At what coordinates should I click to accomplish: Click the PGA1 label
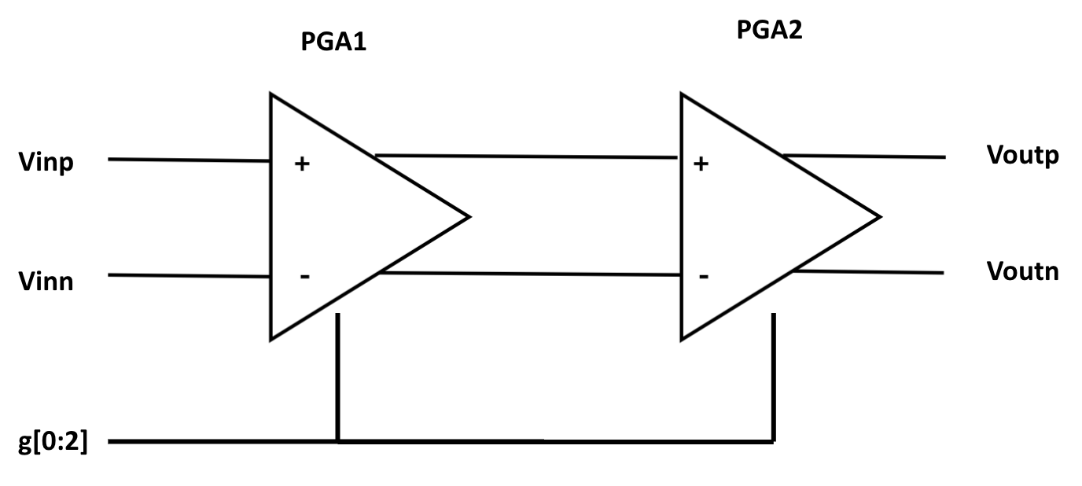tap(334, 42)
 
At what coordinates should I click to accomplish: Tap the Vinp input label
tap(46, 164)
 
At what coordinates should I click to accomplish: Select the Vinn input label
tap(46, 281)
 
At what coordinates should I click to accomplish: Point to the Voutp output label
tap(1022, 156)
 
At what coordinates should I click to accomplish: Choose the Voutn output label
tap(1022, 271)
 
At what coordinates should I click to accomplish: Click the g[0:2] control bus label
tap(53, 443)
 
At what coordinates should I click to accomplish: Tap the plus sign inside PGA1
tap(301, 165)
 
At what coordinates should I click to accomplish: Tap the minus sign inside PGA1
tap(304, 277)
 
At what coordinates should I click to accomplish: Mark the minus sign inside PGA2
tap(704, 276)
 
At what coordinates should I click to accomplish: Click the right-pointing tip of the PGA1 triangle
tap(468, 216)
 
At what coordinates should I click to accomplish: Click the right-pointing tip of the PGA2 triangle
tap(878, 216)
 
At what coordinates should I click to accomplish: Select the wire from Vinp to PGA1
tap(189, 160)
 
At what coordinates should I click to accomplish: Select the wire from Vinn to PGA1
tap(189, 275)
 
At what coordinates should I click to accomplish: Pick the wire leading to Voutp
tap(865, 156)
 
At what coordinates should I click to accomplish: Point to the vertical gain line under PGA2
tap(774, 377)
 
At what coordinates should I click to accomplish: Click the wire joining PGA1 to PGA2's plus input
tap(527, 156)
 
